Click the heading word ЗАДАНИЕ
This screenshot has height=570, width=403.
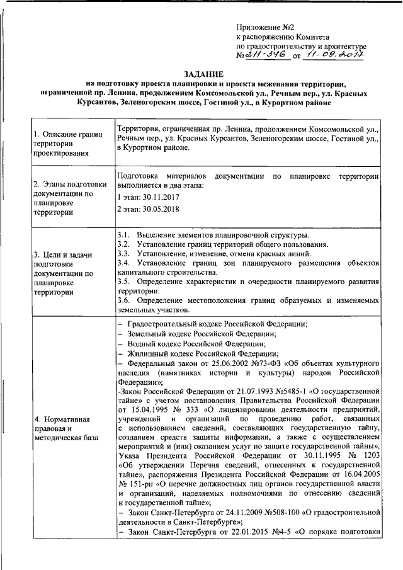[x=202, y=73]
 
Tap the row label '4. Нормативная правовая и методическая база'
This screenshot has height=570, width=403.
[x=67, y=427]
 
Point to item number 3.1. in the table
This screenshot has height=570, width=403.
[x=124, y=235]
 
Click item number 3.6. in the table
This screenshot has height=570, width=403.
[x=124, y=300]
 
